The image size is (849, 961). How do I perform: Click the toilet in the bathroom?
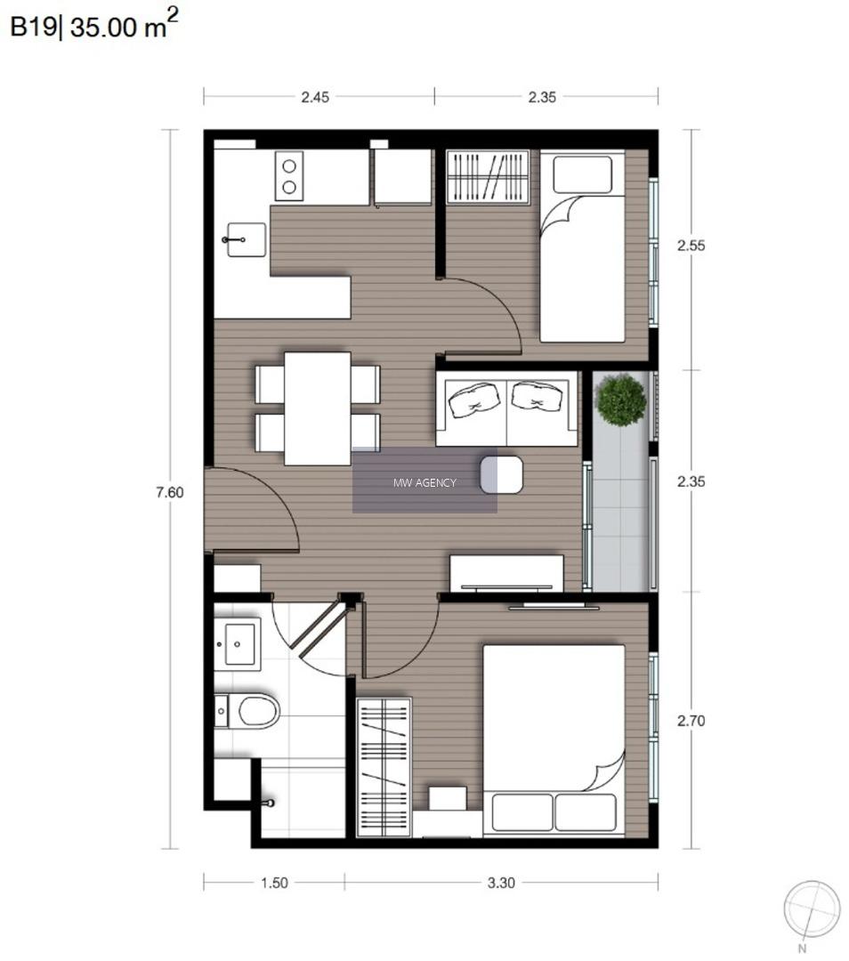tap(247, 711)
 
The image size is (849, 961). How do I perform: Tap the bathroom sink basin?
tap(239, 644)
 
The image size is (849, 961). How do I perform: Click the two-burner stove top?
tap(288, 176)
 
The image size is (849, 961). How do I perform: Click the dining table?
tap(318, 408)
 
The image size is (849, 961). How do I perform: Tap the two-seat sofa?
tap(507, 408)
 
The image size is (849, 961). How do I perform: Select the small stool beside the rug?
tap(501, 474)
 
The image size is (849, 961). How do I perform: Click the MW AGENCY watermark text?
tap(424, 483)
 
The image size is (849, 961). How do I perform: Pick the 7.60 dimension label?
tap(170, 492)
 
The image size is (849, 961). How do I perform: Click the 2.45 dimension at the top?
tap(315, 97)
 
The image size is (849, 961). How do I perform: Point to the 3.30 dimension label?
tap(501, 884)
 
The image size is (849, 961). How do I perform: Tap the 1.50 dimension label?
tap(274, 884)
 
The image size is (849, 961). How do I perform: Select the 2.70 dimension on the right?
tap(691, 721)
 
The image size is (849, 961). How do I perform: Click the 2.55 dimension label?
tap(691, 246)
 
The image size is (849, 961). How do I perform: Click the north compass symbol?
tap(812, 909)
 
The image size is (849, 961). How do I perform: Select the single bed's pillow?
tap(582, 174)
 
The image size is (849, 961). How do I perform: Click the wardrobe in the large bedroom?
tap(384, 767)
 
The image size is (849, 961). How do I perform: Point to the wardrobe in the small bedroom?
tap(488, 176)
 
